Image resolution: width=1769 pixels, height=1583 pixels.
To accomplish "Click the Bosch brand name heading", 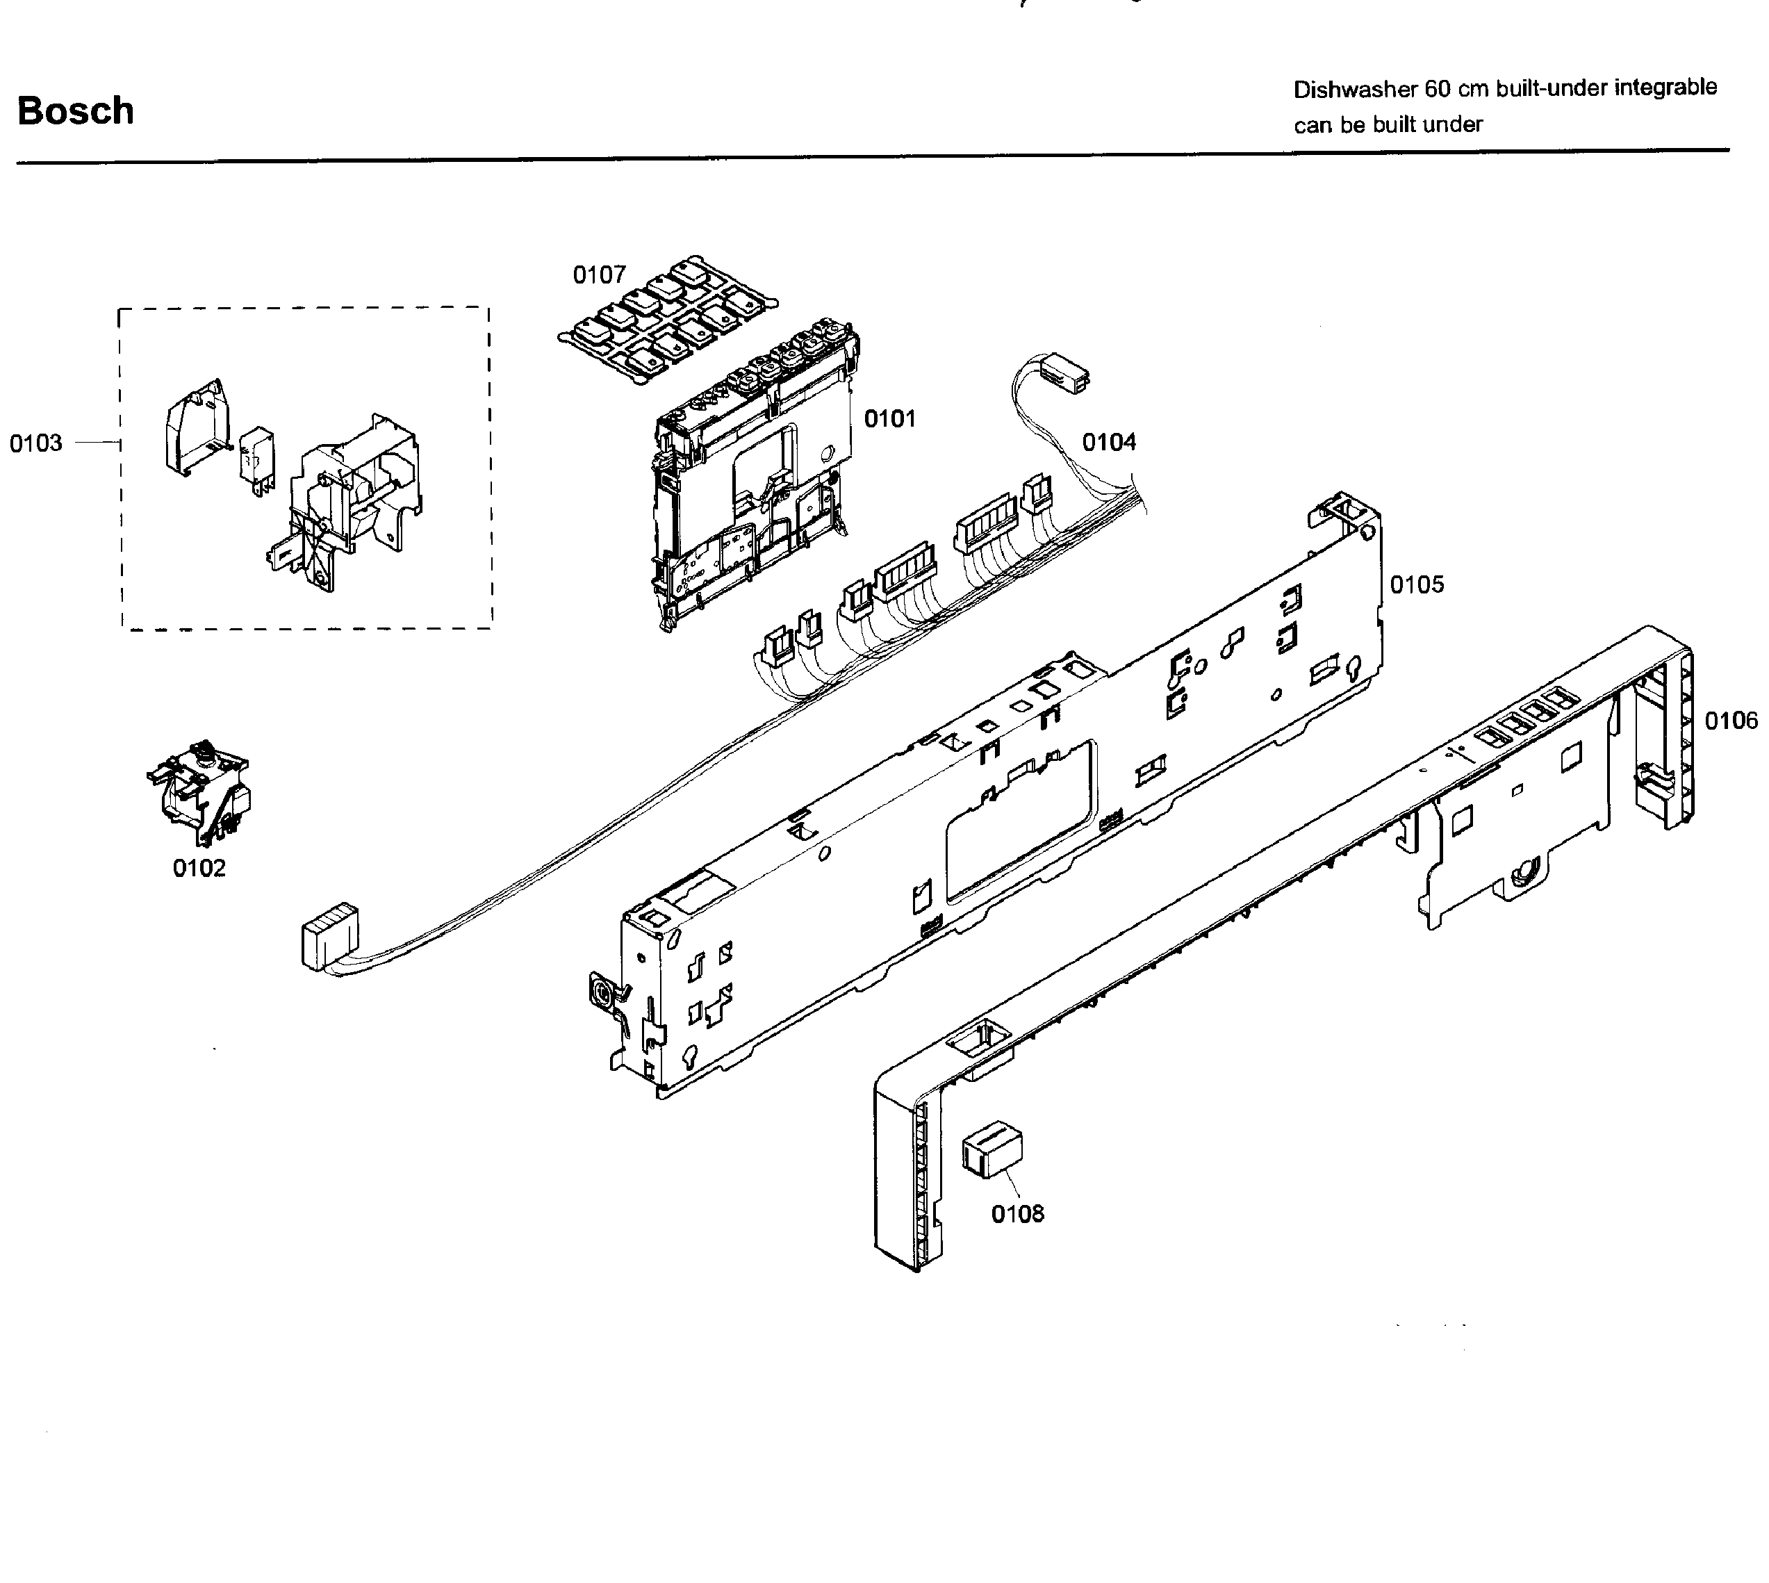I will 76,111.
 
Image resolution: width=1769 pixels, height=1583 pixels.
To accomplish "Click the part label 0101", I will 890,419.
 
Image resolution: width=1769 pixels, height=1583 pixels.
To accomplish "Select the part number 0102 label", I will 199,868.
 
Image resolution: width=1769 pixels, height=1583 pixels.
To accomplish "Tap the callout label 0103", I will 35,443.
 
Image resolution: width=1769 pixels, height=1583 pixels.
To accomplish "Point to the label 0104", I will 1109,443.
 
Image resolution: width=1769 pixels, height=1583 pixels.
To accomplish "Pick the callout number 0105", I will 1417,584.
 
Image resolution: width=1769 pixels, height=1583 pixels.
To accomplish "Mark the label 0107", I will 599,275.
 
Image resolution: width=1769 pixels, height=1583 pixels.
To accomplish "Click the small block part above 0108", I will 992,1150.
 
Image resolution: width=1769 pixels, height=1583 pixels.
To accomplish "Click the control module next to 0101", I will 752,478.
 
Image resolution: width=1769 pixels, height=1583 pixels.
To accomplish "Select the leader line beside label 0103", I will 97,443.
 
